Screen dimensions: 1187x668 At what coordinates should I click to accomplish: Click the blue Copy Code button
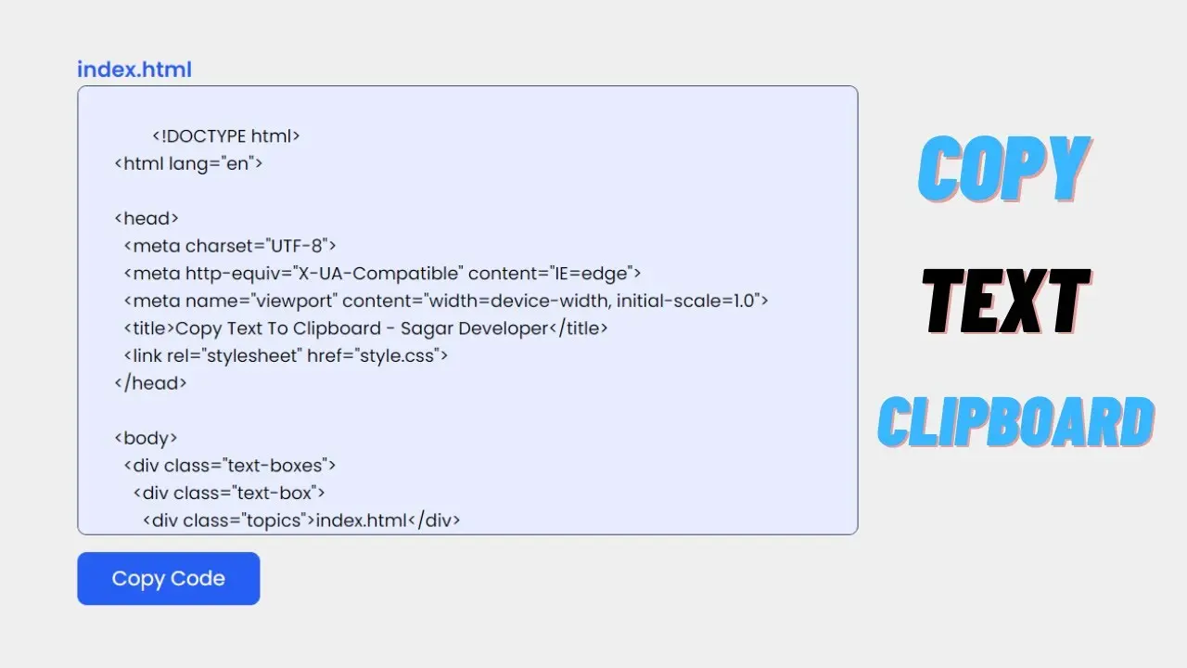click(x=169, y=578)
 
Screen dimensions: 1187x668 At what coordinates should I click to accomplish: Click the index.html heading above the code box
click(x=134, y=70)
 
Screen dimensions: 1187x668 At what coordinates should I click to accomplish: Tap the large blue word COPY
click(x=1003, y=168)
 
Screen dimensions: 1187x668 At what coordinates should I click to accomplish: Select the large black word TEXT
click(x=1006, y=302)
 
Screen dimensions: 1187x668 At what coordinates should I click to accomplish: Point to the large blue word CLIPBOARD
click(x=1015, y=421)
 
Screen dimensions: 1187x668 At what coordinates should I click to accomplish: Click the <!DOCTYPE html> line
click(x=226, y=136)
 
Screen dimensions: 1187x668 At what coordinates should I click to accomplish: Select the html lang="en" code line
click(x=188, y=164)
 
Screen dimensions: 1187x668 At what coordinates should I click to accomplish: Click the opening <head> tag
click(x=147, y=218)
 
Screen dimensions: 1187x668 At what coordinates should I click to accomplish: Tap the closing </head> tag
click(x=150, y=383)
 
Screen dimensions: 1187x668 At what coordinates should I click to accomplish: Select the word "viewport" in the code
click(x=294, y=302)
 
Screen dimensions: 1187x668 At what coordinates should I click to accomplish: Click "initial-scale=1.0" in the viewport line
click(x=685, y=302)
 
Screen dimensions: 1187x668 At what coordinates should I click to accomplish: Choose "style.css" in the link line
click(x=397, y=355)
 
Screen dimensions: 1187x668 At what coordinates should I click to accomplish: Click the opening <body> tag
click(x=147, y=439)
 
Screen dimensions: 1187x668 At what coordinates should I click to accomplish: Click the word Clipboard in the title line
click(x=337, y=328)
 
